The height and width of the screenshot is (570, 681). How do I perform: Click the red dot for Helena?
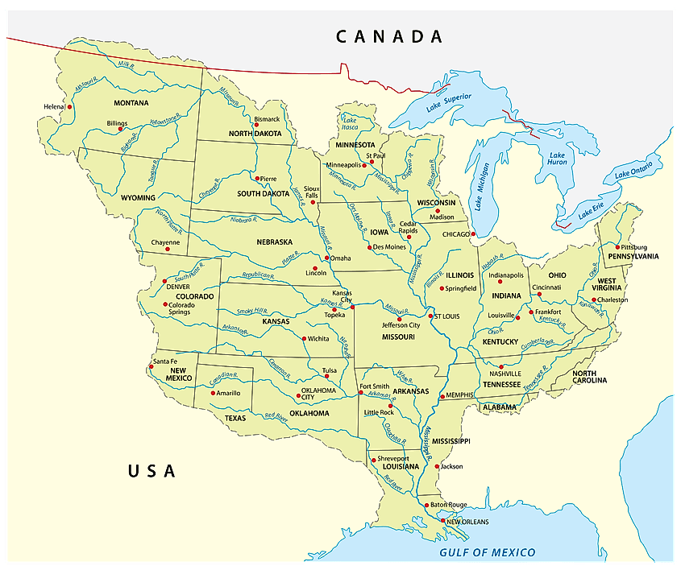coord(69,106)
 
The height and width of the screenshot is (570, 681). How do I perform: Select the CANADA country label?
coord(389,36)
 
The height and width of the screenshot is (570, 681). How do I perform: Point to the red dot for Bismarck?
coord(256,125)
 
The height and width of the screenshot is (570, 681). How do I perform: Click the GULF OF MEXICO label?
coord(487,552)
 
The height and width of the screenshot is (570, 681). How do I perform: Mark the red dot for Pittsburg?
coord(618,247)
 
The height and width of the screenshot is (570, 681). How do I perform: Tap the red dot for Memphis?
coord(442,397)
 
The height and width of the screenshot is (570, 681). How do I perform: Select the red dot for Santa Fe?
coord(151,366)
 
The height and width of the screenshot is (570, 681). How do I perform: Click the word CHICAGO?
coord(457,235)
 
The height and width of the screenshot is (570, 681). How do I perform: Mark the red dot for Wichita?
coord(304,339)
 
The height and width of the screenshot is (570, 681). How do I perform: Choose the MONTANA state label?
coord(131,103)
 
